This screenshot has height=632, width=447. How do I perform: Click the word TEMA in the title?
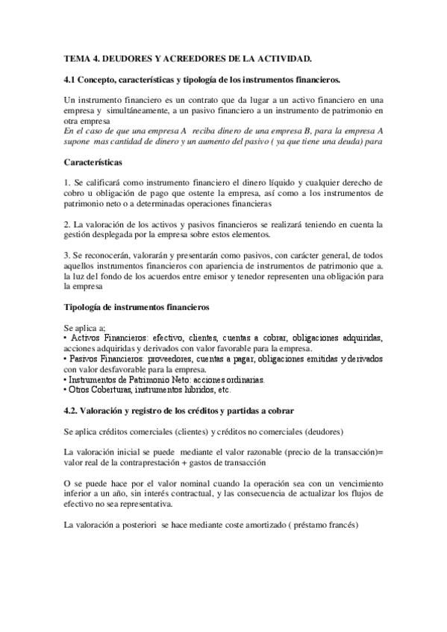coord(76,57)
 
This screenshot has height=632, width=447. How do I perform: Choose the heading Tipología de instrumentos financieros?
coord(137,307)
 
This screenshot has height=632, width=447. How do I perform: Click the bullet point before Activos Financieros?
coord(66,338)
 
